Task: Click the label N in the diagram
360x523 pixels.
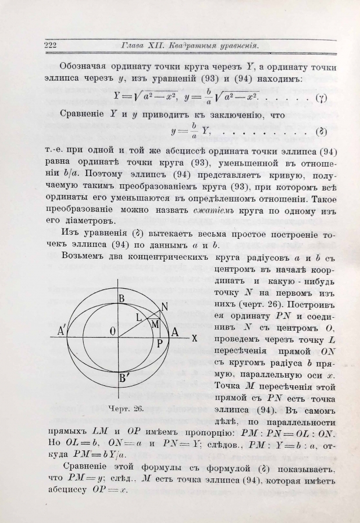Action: click(x=165, y=306)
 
